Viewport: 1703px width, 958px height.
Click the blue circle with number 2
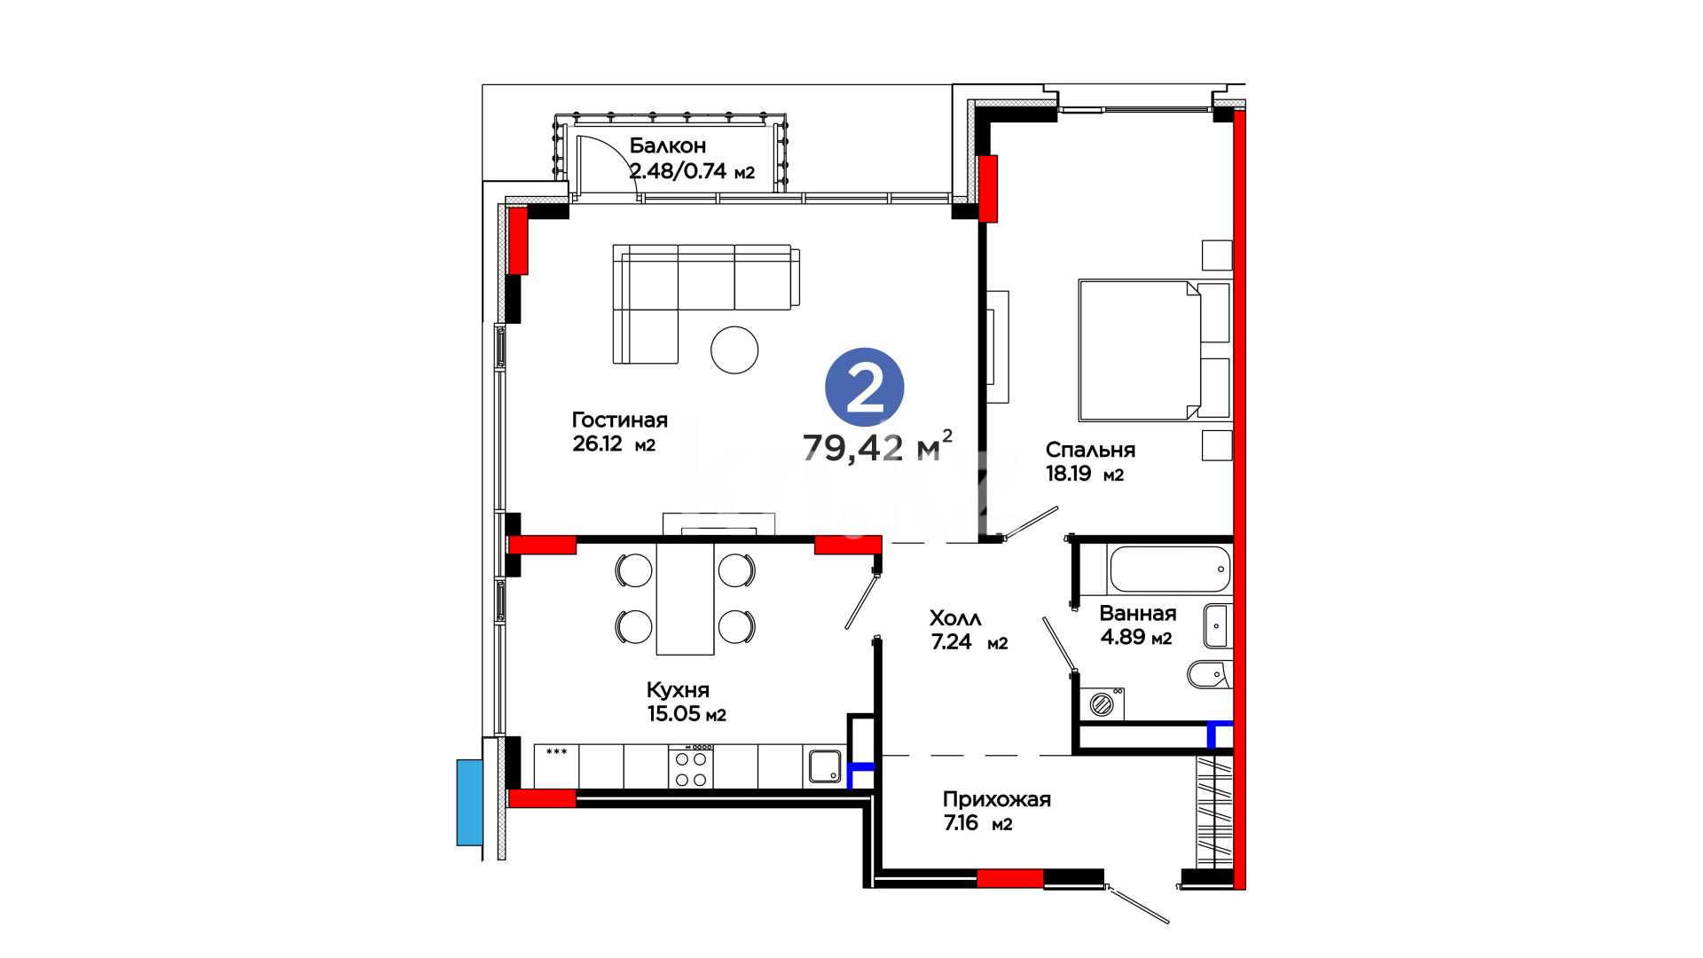[864, 388]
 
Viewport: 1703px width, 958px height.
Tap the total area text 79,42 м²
[877, 447]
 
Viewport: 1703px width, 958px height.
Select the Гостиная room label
[619, 420]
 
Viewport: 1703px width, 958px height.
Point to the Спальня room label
[1090, 450]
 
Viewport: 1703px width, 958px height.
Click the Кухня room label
[678, 690]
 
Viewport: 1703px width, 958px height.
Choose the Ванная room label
[1137, 613]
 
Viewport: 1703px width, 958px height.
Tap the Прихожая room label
[996, 799]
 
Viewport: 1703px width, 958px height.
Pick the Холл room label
[955, 618]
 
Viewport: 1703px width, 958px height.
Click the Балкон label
[668, 145]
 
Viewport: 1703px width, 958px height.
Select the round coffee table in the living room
[734, 349]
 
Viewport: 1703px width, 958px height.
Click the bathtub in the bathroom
[1170, 569]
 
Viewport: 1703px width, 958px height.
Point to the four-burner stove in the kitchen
[691, 768]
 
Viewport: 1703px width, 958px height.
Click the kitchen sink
[824, 767]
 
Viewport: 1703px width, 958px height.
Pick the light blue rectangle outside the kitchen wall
[469, 802]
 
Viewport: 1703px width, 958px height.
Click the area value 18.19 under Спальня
[1068, 474]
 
